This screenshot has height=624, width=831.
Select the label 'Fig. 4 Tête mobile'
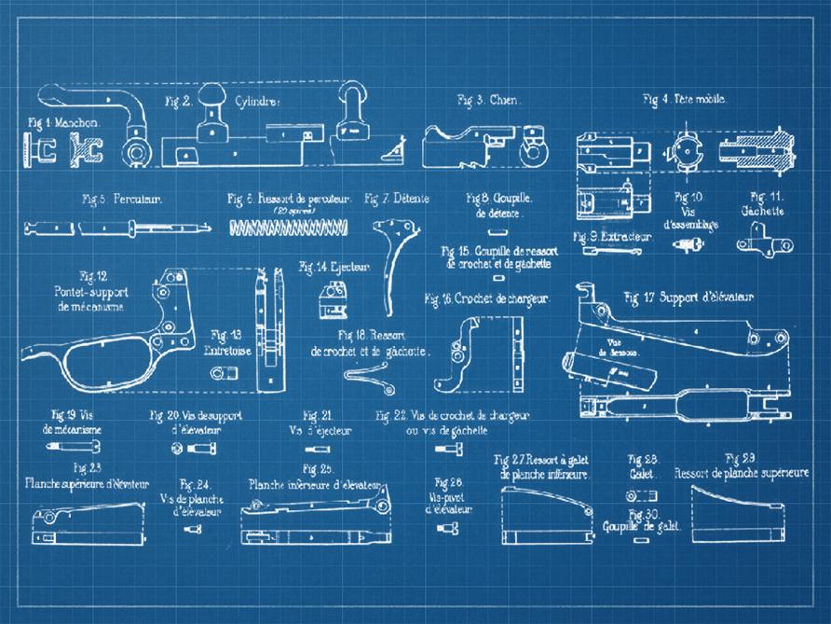tap(685, 99)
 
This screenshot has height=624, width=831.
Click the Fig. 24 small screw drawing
tap(193, 529)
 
